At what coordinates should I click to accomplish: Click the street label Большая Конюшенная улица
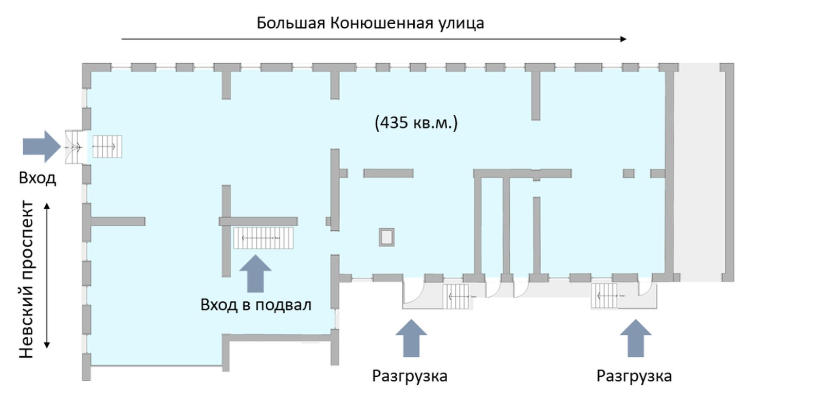(x=370, y=23)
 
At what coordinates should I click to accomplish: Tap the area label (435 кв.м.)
(x=416, y=123)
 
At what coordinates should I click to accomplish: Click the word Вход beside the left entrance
(x=37, y=178)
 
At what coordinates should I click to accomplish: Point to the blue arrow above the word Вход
(x=42, y=146)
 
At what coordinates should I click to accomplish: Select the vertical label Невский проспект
(x=26, y=279)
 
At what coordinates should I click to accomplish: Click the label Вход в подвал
(x=255, y=305)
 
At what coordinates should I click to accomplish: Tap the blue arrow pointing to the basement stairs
(x=255, y=273)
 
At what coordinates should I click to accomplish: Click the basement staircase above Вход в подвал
(x=263, y=238)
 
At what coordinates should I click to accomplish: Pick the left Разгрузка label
(x=410, y=376)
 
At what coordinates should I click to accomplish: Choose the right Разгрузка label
(x=634, y=376)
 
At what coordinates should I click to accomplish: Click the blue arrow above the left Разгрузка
(x=411, y=338)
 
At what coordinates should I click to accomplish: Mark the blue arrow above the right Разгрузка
(x=636, y=338)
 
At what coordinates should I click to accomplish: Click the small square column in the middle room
(x=387, y=237)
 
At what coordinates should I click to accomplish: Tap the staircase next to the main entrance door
(x=107, y=146)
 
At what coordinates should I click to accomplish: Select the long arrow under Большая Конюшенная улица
(x=374, y=39)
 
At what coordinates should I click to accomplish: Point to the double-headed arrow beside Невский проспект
(x=47, y=276)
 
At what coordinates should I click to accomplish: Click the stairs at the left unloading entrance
(x=456, y=296)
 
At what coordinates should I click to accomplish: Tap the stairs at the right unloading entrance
(x=604, y=296)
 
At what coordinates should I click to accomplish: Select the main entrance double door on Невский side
(x=74, y=147)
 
